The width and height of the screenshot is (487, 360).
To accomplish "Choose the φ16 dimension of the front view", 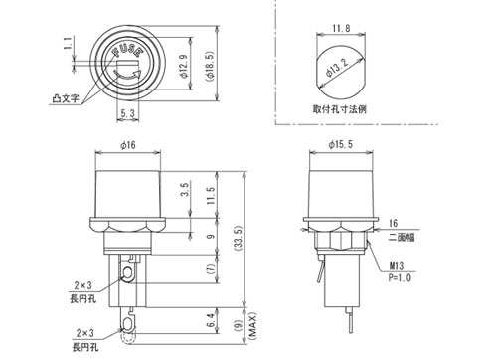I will click(127, 145).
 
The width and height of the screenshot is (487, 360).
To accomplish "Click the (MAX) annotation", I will click(251, 333).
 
